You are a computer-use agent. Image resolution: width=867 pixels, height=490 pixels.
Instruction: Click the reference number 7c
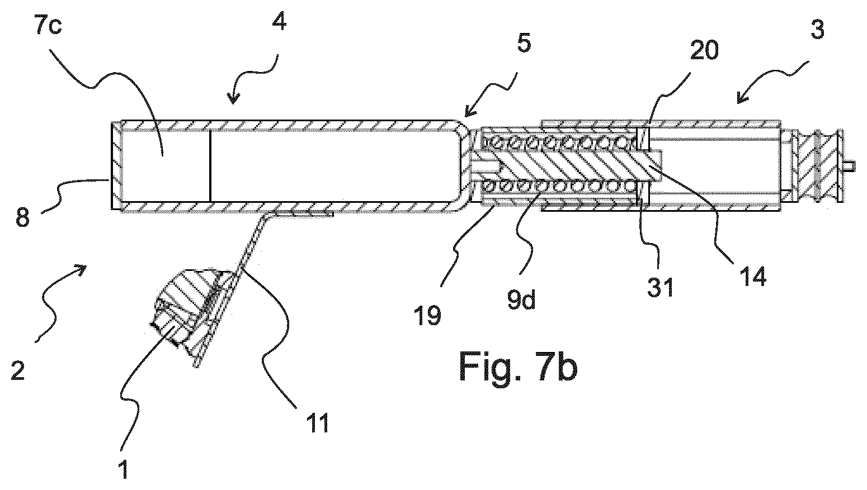pyautogui.click(x=48, y=26)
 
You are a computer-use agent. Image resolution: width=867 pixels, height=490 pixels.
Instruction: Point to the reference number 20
pyautogui.click(x=704, y=50)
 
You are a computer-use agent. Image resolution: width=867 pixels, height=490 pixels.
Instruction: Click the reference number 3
pyautogui.click(x=817, y=30)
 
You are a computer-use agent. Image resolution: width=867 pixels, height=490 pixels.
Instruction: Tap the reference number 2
pyautogui.click(x=18, y=370)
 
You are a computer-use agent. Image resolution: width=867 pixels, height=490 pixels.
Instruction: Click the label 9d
pyautogui.click(x=521, y=300)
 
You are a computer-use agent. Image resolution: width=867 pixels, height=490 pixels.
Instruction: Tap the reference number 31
pyautogui.click(x=661, y=287)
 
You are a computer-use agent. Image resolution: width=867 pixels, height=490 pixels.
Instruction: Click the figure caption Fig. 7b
pyautogui.click(x=519, y=367)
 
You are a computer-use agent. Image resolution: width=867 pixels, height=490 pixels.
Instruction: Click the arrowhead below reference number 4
pyautogui.click(x=233, y=98)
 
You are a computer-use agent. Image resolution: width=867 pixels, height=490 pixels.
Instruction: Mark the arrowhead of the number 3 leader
pyautogui.click(x=742, y=99)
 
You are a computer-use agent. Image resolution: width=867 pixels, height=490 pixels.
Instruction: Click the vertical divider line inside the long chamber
pyautogui.click(x=210, y=166)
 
